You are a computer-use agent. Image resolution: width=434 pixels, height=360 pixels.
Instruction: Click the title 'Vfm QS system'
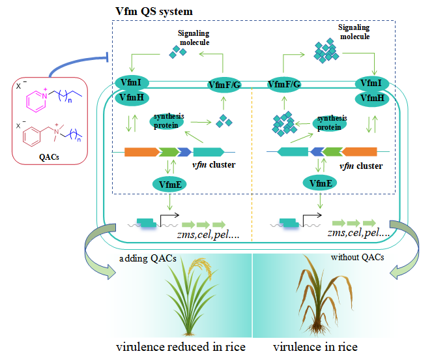click(x=154, y=12)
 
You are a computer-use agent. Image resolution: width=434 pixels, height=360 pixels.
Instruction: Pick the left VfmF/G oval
click(x=224, y=84)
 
